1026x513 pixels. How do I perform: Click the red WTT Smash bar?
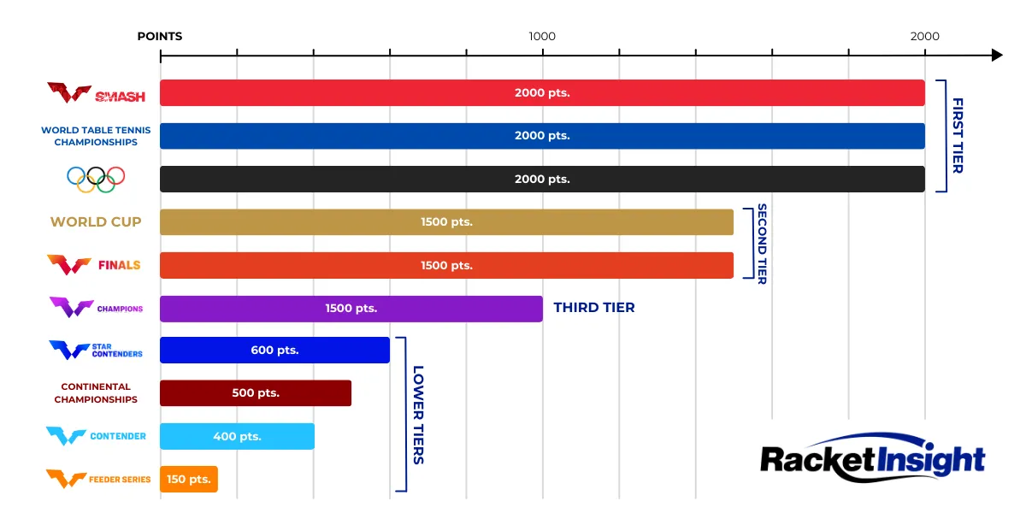(542, 93)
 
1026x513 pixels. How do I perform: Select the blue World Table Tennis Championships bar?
(542, 136)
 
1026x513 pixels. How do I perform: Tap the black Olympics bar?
(542, 179)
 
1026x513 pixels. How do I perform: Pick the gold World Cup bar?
(446, 221)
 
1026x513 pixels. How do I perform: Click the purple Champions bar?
(351, 308)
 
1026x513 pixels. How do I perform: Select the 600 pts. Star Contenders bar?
(274, 351)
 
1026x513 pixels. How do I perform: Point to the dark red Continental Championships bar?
(255, 393)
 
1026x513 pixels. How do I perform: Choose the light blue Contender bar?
(237, 436)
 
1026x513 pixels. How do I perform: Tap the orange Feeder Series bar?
(188, 479)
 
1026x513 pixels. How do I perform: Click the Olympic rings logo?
(96, 178)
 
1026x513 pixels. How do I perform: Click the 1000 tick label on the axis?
(542, 36)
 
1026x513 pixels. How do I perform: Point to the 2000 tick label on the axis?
(924, 36)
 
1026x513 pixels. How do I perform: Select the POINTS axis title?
(160, 36)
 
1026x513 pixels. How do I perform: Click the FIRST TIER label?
(958, 135)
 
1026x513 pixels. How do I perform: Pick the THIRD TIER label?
(594, 308)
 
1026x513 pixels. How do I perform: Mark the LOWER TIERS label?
(418, 415)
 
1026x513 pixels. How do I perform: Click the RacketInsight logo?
(872, 457)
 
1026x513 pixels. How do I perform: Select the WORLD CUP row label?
(96, 221)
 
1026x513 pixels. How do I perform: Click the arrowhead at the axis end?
(996, 55)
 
